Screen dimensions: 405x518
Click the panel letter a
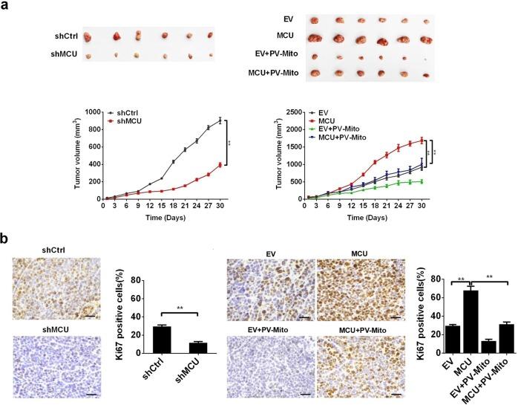pyautogui.click(x=5, y=7)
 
